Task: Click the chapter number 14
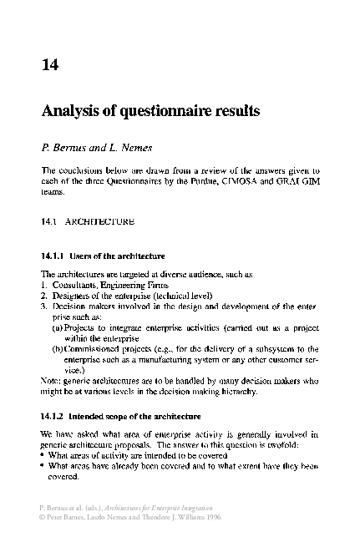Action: (49, 63)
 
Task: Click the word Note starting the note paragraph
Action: (50, 380)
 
